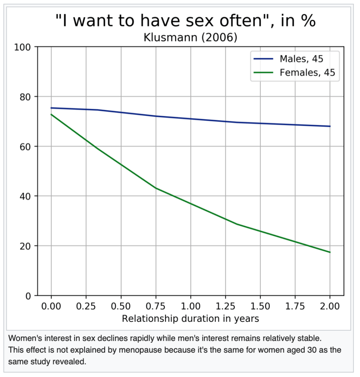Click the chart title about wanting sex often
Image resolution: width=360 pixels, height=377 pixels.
(186, 21)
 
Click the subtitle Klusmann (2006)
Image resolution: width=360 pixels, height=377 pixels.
(190, 38)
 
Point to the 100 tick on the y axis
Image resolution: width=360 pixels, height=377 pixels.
(23, 47)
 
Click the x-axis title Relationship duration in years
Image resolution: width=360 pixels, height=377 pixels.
(190, 319)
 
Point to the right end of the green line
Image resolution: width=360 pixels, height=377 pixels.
(330, 252)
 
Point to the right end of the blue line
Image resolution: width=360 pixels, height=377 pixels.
(330, 126)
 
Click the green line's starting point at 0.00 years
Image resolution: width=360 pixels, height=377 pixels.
(51, 115)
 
